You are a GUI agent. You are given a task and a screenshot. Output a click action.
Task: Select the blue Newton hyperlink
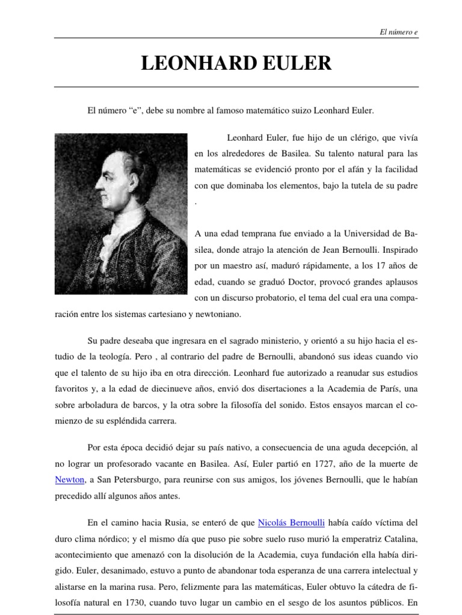click(69, 480)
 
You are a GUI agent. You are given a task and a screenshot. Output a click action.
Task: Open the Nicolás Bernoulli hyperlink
click(291, 523)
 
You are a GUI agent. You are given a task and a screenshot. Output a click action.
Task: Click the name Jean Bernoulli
click(336, 249)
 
